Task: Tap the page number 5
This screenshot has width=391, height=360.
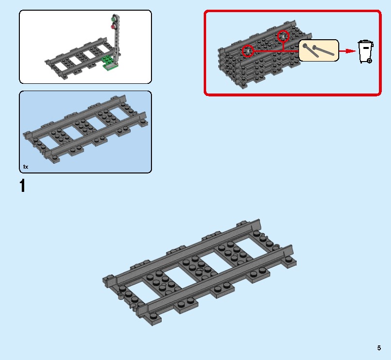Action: pos(379,347)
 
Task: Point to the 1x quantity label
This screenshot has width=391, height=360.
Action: pos(26,167)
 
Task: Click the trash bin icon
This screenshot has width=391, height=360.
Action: pos(365,52)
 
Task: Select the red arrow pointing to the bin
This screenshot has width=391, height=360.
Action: pos(346,51)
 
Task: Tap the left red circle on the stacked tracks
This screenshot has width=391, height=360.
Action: pos(248,50)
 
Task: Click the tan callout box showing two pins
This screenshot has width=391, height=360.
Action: pos(318,50)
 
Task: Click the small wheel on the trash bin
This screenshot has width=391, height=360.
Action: pos(369,61)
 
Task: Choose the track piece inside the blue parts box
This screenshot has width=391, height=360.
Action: pos(85,129)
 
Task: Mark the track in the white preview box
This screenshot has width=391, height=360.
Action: pos(80,58)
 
